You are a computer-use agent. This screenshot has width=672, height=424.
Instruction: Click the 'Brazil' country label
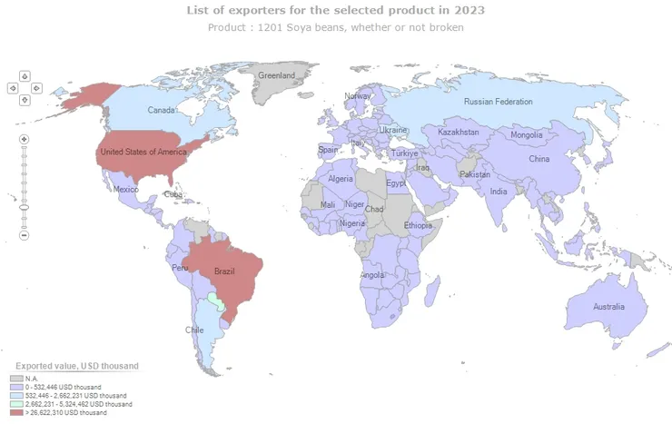coord(224,271)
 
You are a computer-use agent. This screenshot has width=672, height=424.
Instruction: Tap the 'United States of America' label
coord(143,152)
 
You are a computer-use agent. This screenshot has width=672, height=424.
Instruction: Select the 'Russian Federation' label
coord(498,102)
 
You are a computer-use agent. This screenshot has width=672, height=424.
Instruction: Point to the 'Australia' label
coord(608,307)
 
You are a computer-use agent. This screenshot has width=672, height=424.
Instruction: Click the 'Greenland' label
coord(277,76)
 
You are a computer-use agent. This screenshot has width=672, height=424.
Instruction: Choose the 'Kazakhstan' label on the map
coord(458,133)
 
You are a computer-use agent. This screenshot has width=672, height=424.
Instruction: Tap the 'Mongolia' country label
coord(527,135)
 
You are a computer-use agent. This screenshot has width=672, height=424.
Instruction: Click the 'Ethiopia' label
coord(419,225)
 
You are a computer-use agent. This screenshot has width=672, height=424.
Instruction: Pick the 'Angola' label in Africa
coord(372,275)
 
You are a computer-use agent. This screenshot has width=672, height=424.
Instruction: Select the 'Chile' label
coord(195,330)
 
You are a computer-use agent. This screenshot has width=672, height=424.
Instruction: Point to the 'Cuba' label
coord(173,194)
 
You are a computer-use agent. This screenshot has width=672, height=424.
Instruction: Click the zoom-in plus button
coord(25,139)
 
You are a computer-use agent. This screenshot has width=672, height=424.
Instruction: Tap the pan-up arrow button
coord(25,76)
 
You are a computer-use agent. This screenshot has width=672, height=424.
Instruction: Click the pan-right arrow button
coord(36,88)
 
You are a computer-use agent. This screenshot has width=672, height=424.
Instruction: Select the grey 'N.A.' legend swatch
coord(16,379)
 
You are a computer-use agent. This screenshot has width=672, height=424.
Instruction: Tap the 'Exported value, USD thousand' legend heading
coord(76,366)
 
